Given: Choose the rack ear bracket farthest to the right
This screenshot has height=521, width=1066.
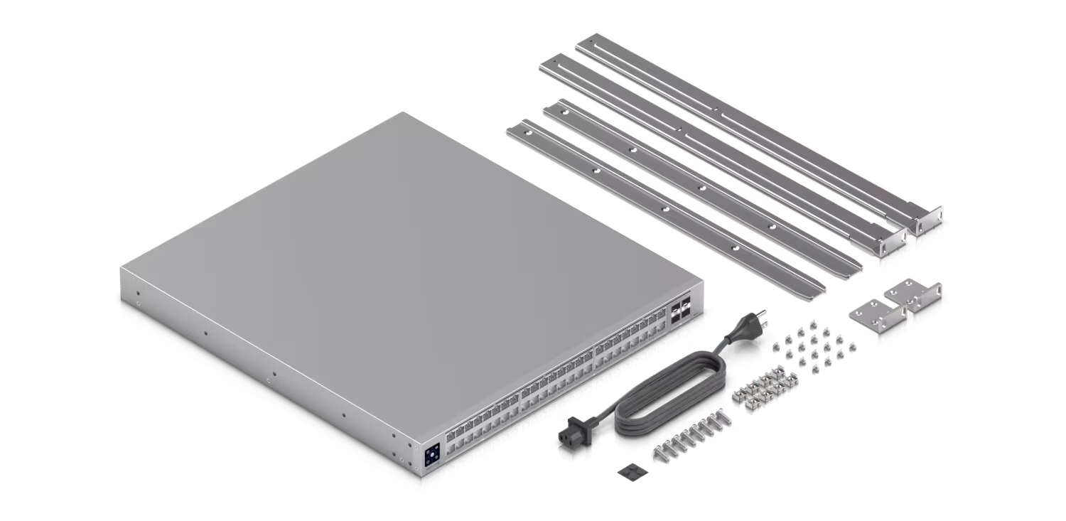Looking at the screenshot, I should (x=917, y=299).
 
